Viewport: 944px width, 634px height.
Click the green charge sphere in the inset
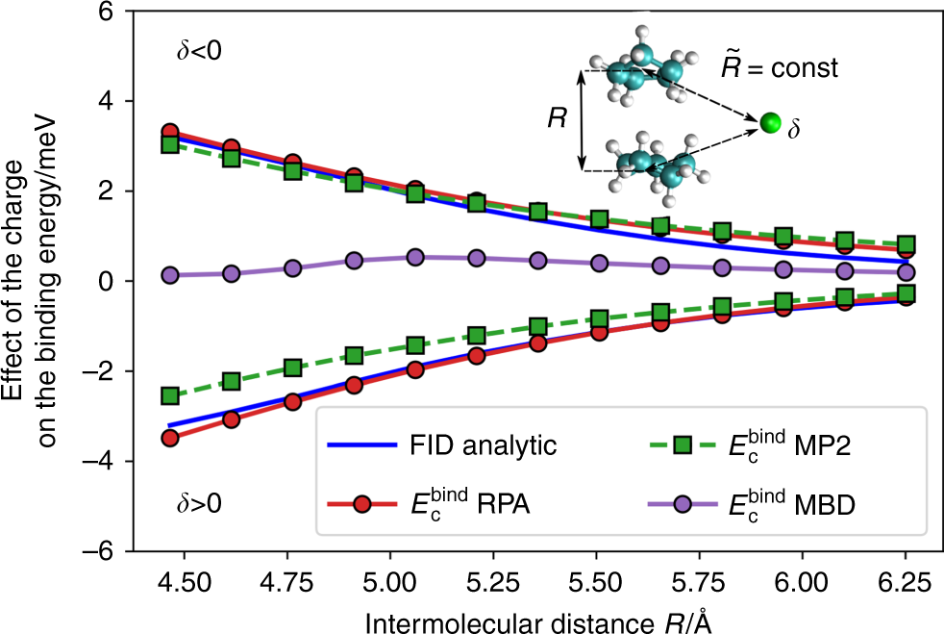(x=769, y=122)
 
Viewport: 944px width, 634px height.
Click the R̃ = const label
(x=781, y=69)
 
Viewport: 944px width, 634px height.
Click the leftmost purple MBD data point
(x=170, y=275)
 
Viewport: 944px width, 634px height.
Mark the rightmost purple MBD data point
(x=905, y=272)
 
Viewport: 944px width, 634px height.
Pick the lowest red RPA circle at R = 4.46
(x=170, y=438)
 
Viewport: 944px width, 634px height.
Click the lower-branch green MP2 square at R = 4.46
(x=170, y=395)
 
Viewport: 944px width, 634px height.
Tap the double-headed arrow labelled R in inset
(x=581, y=119)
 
